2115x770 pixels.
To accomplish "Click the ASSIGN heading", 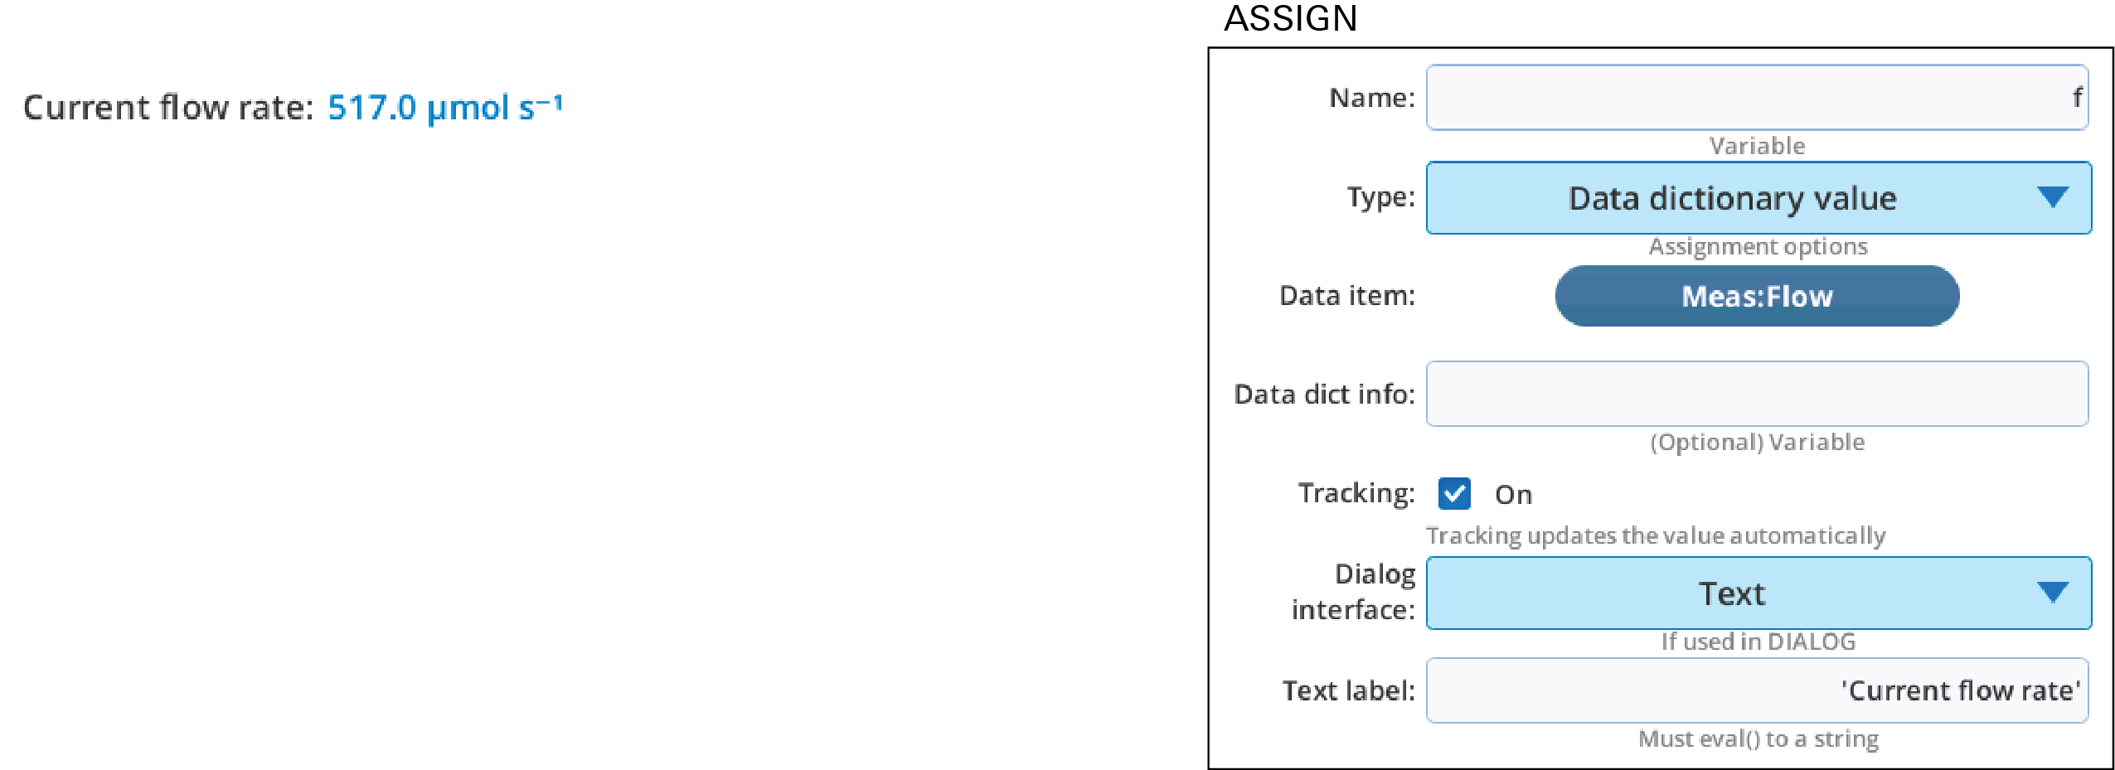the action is point(1290,18).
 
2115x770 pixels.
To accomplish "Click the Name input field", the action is point(1757,98).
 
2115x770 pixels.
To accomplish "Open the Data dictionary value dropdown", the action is point(1758,198).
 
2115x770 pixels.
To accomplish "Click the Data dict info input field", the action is point(1757,394).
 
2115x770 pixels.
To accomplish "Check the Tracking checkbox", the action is point(1454,493).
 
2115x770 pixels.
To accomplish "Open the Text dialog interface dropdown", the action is point(1758,593).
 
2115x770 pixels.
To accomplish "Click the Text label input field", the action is point(1757,690).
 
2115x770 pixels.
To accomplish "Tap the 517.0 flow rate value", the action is point(371,108).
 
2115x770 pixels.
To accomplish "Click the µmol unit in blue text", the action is point(468,109).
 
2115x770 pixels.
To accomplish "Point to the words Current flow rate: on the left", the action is point(168,108).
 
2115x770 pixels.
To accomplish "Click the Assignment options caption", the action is point(1758,246).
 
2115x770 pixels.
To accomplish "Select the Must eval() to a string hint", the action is point(1758,739).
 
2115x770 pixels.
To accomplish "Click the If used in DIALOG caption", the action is point(1758,641).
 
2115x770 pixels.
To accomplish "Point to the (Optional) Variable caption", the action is point(1757,442).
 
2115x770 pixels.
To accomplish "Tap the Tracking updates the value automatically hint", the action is point(1656,535).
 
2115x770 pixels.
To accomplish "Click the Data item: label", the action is point(1347,296).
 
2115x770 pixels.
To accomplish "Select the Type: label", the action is point(1380,198).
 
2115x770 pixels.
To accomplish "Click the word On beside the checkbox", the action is point(1513,495).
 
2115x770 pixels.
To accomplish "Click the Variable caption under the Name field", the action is point(1757,146).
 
